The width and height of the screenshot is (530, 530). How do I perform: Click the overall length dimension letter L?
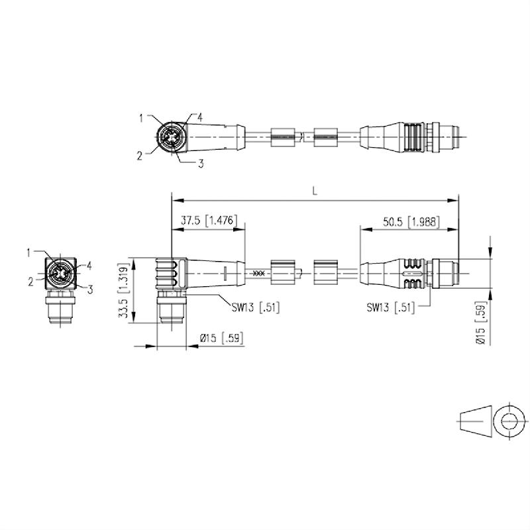(x=315, y=190)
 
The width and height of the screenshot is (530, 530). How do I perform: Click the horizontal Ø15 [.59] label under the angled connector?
(x=221, y=339)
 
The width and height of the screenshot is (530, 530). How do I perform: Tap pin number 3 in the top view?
(x=200, y=164)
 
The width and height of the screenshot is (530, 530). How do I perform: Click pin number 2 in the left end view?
(x=30, y=281)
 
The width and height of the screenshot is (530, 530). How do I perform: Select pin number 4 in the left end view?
(x=89, y=265)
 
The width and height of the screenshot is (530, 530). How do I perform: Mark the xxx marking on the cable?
(x=259, y=272)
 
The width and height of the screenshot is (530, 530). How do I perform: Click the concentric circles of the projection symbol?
(x=510, y=420)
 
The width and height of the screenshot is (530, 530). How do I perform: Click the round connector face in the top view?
(x=170, y=138)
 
